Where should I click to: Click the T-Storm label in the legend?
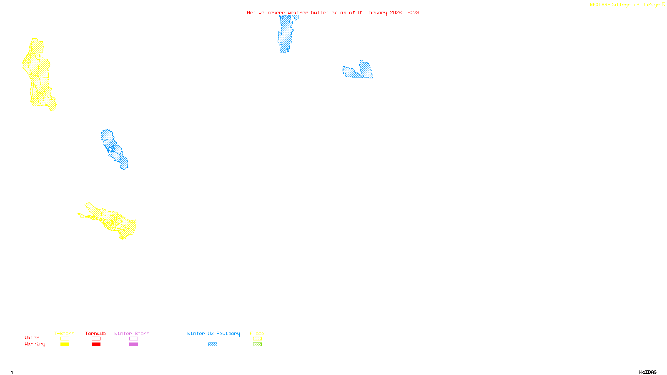64,333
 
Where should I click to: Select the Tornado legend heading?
95,333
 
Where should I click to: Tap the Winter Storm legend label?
132,333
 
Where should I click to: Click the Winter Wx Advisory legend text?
213,333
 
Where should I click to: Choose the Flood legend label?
257,333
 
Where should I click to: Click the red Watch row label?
32,337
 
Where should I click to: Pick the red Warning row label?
35,344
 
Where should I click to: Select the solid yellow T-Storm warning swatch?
65,345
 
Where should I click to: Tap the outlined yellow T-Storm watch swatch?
65,339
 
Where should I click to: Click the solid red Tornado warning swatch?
96,345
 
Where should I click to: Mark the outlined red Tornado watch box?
96,339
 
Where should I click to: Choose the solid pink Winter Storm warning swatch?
133,345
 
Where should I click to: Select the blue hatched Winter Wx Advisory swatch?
213,345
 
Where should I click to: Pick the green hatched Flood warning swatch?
258,345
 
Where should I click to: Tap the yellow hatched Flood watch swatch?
258,339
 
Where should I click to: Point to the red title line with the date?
333,12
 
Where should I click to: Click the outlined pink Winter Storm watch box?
133,339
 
